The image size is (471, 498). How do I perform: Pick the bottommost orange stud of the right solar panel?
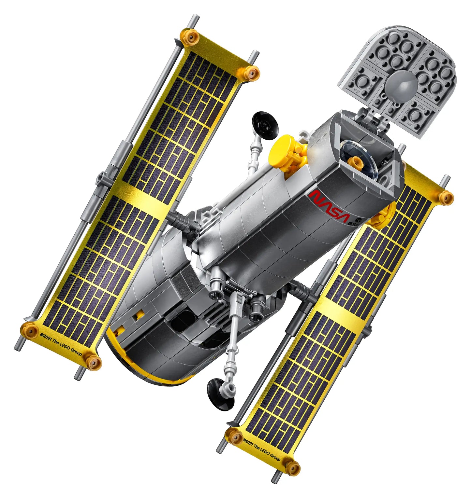tap(293, 468)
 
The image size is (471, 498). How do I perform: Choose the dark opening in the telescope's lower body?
tap(183, 321)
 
